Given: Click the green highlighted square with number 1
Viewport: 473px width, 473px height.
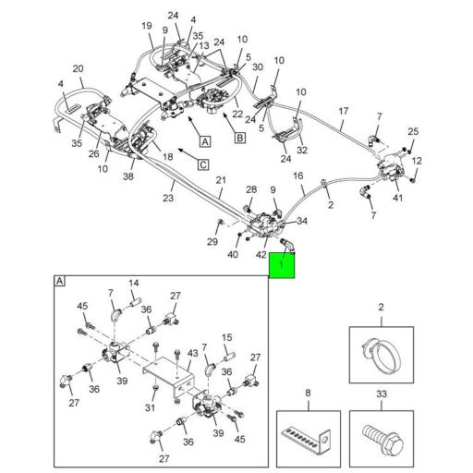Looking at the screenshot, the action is pos(282,265).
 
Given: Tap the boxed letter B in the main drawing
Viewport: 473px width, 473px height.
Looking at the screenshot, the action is pos(239,138).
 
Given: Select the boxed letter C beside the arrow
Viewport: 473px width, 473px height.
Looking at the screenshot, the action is pos(203,164).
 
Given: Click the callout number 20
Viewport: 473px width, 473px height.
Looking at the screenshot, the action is pos(78,68).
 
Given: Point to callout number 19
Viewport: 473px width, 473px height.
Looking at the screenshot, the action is pos(147,26).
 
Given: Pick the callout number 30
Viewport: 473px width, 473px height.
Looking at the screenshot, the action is pos(258,67).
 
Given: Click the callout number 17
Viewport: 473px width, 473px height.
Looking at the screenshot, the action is pos(343,111).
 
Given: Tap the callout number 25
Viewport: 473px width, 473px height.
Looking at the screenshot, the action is pos(413,131).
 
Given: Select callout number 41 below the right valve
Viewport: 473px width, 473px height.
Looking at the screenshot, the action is pos(397,198).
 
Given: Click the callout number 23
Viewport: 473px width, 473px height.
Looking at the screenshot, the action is pos(168,198).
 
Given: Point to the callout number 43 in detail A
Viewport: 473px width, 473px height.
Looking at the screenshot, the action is pos(192,353).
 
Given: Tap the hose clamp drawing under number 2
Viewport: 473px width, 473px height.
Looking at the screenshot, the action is pos(382,355).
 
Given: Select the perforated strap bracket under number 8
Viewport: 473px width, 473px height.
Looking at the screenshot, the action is pos(307,438).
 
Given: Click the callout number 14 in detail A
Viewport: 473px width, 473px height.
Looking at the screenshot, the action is pos(134,283).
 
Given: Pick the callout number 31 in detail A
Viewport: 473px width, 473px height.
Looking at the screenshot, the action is pos(150,407).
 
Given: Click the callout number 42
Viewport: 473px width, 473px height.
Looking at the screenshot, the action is pos(261,255).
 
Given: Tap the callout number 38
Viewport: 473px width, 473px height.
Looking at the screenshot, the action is pos(128,176).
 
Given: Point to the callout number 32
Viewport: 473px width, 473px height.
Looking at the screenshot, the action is pos(302,150).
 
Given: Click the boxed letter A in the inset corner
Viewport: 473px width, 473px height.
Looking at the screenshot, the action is pos(60,281).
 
